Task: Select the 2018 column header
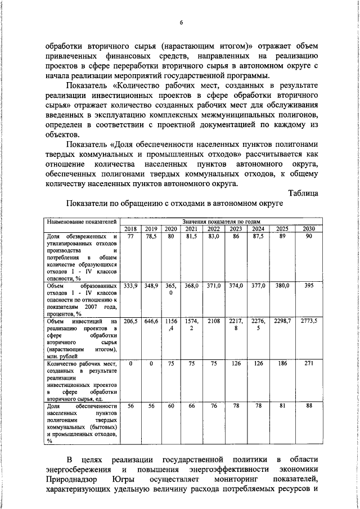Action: pyautogui.click(x=130, y=228)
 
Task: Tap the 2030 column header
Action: pyautogui.click(x=309, y=228)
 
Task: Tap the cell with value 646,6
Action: pyautogui.click(x=151, y=320)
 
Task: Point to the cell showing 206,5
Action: pyautogui.click(x=130, y=320)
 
